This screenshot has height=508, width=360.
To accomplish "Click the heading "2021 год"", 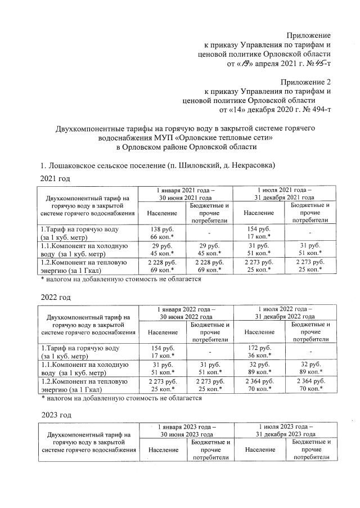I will pos(55,178).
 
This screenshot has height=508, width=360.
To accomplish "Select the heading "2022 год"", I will pos(55,296).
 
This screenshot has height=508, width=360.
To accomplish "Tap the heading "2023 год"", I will pos(55,415).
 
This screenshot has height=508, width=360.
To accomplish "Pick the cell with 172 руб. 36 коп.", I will pos(259,351).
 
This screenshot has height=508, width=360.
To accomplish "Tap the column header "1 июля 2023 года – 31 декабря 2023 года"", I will pos(284,430).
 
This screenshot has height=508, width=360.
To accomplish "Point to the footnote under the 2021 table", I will pos(120,278).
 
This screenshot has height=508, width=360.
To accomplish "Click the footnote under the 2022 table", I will pos(120,397).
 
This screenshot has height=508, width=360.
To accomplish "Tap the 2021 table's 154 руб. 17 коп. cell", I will pos(259,233).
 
